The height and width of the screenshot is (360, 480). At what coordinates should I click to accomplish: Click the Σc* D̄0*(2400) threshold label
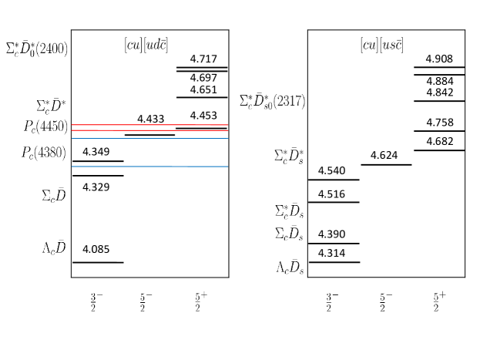tap(36, 49)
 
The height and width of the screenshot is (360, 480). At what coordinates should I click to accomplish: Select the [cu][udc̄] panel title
tap(146, 45)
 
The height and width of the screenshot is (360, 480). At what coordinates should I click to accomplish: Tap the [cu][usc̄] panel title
tap(381, 45)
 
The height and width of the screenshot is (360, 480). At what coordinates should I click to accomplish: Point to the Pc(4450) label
tap(45, 127)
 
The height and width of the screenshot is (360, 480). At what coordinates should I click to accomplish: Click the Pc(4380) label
tap(44, 153)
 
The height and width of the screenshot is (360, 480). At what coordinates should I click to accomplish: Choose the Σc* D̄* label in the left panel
tap(52, 106)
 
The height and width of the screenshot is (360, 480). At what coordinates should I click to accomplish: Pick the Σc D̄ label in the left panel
tap(54, 196)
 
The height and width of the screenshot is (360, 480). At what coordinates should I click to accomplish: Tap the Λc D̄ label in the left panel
tap(54, 247)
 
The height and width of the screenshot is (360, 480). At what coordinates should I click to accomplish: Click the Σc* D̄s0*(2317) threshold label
tap(272, 101)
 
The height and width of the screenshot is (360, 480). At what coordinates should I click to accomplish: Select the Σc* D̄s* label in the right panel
tap(289, 156)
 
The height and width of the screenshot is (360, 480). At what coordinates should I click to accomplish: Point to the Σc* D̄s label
tap(289, 211)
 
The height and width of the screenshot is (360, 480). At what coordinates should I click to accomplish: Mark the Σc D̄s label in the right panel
tap(289, 233)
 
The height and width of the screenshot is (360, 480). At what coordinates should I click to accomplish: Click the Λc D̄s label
tap(290, 267)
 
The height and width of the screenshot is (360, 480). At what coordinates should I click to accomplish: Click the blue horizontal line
tap(149, 167)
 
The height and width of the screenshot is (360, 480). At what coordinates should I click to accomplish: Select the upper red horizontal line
tap(149, 125)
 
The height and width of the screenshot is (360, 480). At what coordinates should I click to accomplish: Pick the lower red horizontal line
tap(149, 130)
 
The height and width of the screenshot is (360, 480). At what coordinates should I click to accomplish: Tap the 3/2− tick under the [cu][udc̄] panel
tap(96, 302)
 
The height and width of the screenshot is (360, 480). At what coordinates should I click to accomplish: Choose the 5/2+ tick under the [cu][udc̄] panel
tap(200, 301)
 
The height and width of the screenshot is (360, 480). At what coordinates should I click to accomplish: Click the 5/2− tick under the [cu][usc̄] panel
tap(385, 302)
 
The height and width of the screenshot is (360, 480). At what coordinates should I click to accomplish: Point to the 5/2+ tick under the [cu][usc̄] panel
tap(439, 301)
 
